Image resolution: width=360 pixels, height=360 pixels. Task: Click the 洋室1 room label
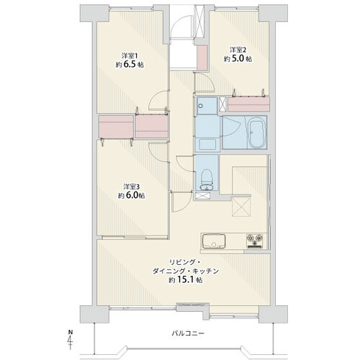click(x=130, y=56)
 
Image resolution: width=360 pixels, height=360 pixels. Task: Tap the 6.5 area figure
click(x=130, y=65)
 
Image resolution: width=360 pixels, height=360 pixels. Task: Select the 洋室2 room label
click(x=238, y=50)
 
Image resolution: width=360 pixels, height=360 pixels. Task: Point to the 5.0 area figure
click(x=238, y=58)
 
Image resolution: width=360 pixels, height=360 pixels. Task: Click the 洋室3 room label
click(x=132, y=186)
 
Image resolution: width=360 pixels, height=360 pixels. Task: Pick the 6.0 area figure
click(x=131, y=195)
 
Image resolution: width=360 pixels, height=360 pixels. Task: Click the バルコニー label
click(x=188, y=333)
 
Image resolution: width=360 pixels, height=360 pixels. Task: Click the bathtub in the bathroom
click(x=258, y=132)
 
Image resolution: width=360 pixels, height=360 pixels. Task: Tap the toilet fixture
click(x=207, y=180)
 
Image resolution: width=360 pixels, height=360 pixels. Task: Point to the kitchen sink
click(x=214, y=241)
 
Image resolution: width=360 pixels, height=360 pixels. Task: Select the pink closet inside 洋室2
click(x=248, y=104)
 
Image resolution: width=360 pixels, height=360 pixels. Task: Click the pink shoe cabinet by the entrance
click(x=202, y=58)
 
